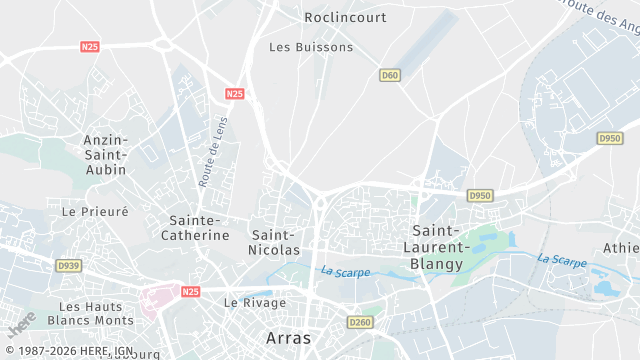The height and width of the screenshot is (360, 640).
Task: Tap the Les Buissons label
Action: coord(311,47)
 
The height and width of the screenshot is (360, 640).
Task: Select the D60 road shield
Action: coord(390,75)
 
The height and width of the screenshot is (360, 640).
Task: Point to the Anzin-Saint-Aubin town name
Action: coord(105,155)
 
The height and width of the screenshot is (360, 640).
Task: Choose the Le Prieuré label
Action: coord(95,212)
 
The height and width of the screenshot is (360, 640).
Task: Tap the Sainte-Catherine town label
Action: coord(195,228)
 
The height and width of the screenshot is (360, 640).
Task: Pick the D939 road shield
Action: coord(68,266)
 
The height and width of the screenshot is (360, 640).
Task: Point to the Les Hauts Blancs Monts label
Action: coord(96,313)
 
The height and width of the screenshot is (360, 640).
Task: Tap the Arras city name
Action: coord(289,338)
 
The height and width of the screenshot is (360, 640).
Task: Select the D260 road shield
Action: coord(360,322)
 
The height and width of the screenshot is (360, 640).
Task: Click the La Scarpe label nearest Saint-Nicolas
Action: coord(345,271)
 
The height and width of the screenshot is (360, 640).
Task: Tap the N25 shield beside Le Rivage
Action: coord(191,291)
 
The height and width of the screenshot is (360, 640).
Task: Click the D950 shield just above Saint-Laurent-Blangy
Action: coord(480,195)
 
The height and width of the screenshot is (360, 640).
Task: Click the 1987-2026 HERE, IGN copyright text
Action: coord(67,351)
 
